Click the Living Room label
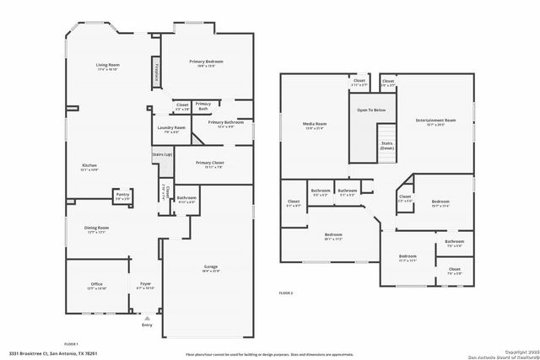(106, 65)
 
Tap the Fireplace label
(157, 72)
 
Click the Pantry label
(122, 196)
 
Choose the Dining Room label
(96, 228)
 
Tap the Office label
(97, 284)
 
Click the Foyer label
(146, 284)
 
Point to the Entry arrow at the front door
(148, 317)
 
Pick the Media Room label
(315, 124)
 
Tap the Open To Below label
(371, 110)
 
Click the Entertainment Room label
(435, 121)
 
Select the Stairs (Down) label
(386, 146)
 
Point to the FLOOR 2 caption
(286, 292)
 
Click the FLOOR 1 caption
(71, 343)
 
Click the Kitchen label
(89, 164)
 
